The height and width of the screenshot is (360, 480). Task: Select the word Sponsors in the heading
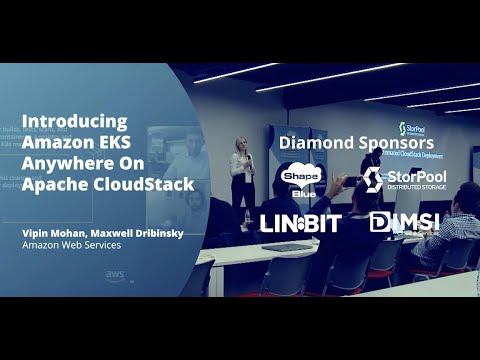(396, 143)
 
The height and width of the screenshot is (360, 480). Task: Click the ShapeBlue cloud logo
(300, 180)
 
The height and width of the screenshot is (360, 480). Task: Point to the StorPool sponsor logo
(404, 179)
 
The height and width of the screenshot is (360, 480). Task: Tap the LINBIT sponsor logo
(301, 222)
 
